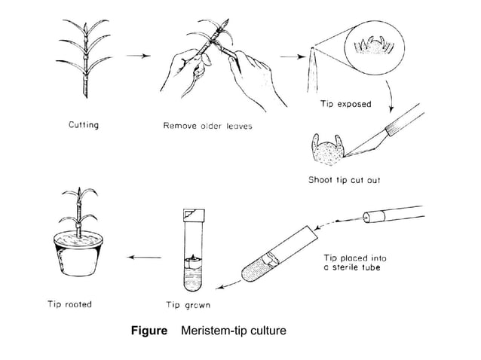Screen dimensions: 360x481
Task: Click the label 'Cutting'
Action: click(x=83, y=125)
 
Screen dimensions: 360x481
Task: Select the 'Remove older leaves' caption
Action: click(x=207, y=126)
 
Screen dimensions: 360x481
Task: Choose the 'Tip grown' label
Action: click(x=188, y=305)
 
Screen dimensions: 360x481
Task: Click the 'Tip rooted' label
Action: click(x=67, y=304)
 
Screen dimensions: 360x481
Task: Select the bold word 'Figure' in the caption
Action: click(x=149, y=331)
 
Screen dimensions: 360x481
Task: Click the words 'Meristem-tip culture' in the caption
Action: click(x=233, y=331)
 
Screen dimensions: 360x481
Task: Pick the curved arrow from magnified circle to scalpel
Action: click(x=391, y=94)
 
